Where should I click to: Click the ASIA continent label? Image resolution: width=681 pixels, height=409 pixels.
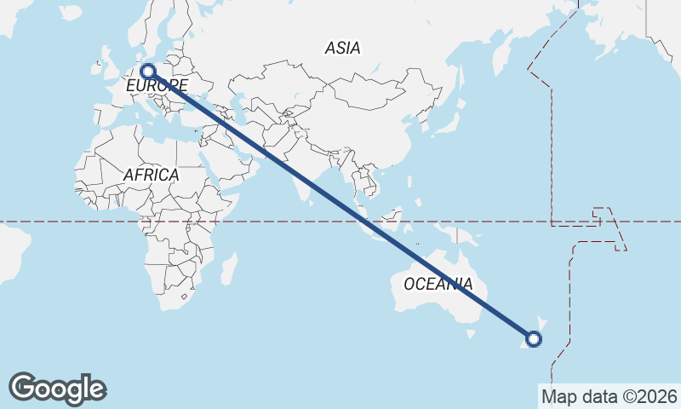click(x=342, y=49)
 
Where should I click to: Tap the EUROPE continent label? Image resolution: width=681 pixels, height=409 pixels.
click(x=157, y=86)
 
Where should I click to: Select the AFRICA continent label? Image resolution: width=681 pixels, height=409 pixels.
click(x=152, y=175)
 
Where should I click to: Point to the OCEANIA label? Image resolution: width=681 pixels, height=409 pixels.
click(x=438, y=284)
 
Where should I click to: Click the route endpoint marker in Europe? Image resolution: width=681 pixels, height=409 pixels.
click(x=147, y=72)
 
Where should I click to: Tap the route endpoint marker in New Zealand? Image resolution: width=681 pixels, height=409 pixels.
click(x=534, y=339)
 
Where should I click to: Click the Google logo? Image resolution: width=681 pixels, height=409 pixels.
click(x=57, y=388)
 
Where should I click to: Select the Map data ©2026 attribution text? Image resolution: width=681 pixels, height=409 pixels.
click(x=609, y=396)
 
